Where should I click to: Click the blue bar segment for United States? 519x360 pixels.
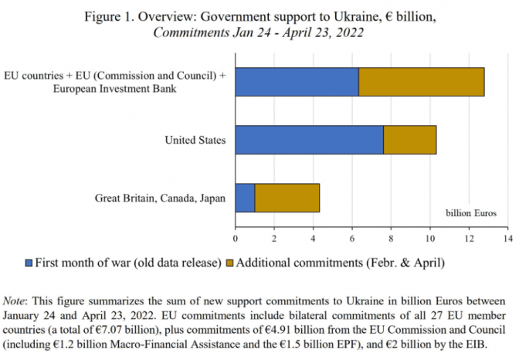(309, 140)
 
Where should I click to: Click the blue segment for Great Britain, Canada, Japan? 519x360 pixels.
(245, 198)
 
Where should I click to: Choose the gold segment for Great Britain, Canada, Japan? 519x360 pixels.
(287, 198)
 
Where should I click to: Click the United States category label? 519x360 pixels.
(195, 140)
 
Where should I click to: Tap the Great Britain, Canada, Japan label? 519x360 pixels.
(160, 198)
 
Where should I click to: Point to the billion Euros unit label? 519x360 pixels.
(472, 212)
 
